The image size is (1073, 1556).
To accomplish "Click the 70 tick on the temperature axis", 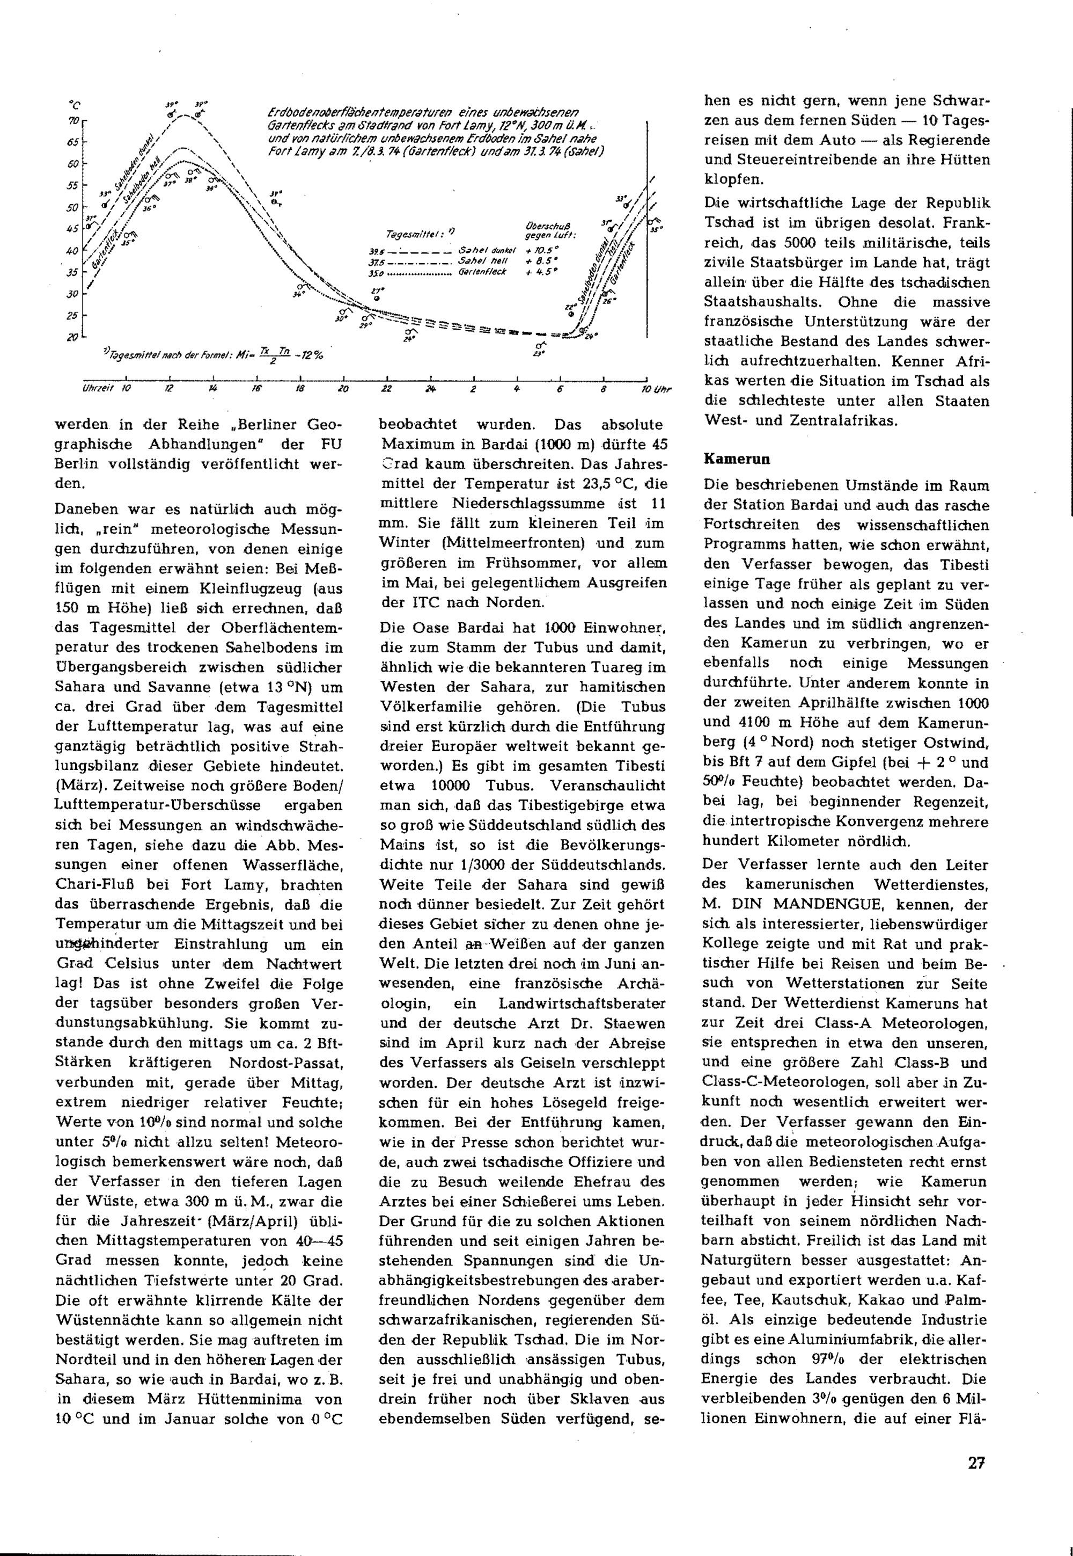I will pos(74,121).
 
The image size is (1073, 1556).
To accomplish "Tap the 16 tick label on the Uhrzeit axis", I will pos(256,389).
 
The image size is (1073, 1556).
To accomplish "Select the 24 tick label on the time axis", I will pos(430,389).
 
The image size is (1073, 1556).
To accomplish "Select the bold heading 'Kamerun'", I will pos(737,460).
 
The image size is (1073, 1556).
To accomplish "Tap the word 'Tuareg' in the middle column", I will pos(611,667).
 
